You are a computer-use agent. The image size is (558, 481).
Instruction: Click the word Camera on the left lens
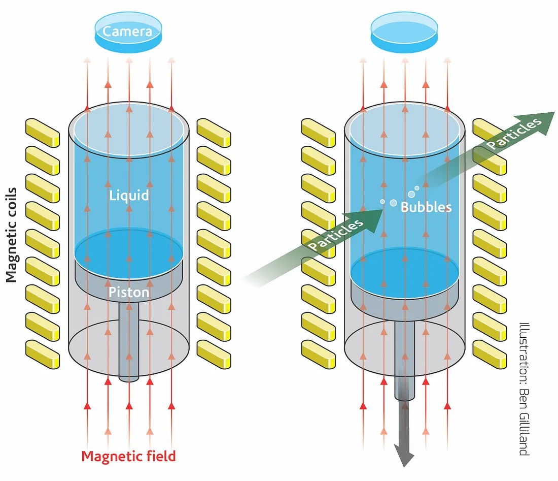127,31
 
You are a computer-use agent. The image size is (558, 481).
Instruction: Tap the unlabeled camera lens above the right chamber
404,31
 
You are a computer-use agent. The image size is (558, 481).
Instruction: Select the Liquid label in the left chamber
129,195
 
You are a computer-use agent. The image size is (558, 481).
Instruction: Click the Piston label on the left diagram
129,293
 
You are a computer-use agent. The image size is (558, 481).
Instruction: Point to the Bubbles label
426,207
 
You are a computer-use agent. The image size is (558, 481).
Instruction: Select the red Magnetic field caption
128,456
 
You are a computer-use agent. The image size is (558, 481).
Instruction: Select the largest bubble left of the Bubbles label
393,203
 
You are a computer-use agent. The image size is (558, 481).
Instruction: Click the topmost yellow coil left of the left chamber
43,132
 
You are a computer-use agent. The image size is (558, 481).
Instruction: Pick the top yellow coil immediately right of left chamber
214,132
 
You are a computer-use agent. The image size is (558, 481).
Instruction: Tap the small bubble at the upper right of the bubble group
417,188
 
